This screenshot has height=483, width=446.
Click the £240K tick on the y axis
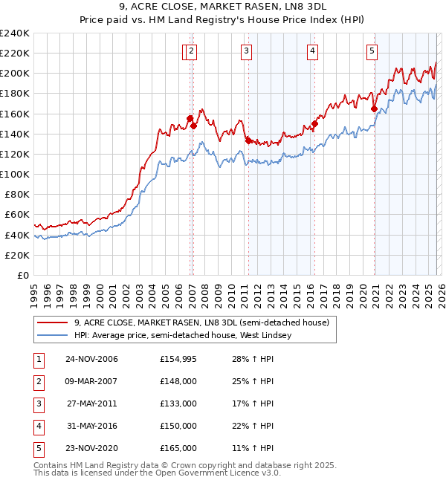click(x=14, y=33)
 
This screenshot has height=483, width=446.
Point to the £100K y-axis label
click(x=14, y=174)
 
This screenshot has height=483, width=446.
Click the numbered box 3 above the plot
click(x=246, y=51)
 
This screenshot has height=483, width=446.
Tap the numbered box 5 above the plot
click(x=372, y=51)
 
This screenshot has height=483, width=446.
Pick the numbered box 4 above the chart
click(x=312, y=51)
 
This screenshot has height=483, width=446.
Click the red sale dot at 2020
click(x=374, y=108)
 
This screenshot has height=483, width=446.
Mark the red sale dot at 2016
click(x=314, y=124)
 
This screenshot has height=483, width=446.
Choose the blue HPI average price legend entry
click(x=183, y=336)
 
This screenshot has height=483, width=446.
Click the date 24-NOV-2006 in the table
click(x=91, y=359)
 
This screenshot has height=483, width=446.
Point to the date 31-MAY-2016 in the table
click(x=91, y=426)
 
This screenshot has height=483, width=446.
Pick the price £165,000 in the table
click(x=178, y=448)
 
